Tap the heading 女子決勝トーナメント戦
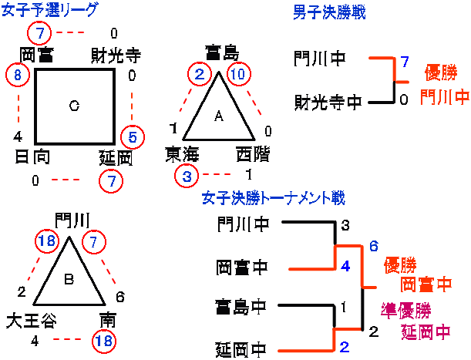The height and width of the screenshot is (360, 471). point(273,198)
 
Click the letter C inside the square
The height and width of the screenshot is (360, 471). point(74,106)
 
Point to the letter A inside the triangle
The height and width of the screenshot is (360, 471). point(218,116)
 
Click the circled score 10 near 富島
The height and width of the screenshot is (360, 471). point(240,75)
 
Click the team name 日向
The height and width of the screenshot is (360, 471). point(32,158)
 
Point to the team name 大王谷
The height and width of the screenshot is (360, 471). point(29,320)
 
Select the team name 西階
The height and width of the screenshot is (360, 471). point(252,154)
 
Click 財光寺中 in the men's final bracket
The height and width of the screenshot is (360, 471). point(326,102)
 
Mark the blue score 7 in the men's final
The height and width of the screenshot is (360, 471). point(404,61)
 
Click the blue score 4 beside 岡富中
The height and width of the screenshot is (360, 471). point(345,266)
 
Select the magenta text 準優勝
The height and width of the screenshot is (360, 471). point(406,310)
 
